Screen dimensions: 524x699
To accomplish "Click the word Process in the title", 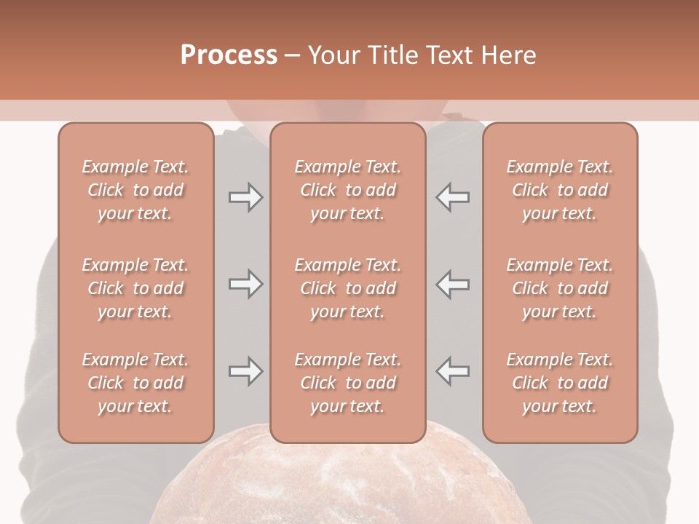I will coord(229,55).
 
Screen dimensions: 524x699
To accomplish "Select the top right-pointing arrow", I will coord(245,197).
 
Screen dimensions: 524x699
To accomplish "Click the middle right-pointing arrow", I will coord(245,284).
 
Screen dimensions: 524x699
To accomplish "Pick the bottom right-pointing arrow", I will coord(245,371).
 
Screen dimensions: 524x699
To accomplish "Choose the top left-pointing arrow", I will coord(452,197).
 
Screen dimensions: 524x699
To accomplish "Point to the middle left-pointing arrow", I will coord(452,284).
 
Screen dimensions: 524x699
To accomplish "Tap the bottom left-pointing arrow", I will coord(452,371).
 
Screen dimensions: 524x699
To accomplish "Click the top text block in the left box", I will coord(135,190).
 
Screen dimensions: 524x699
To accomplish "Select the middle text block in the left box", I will coord(135,288).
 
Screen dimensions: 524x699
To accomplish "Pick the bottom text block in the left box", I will coord(135,383).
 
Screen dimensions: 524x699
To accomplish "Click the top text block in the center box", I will coord(347,190).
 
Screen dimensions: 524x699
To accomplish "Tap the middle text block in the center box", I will coord(347,288).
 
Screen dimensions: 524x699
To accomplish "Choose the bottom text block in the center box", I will coord(347,383).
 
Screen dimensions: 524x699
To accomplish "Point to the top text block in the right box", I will coord(559,190).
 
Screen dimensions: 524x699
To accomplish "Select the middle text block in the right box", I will coord(559,288).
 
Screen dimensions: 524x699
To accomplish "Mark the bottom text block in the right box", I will coord(559,383).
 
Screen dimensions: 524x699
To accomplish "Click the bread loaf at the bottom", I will coord(349,484).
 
